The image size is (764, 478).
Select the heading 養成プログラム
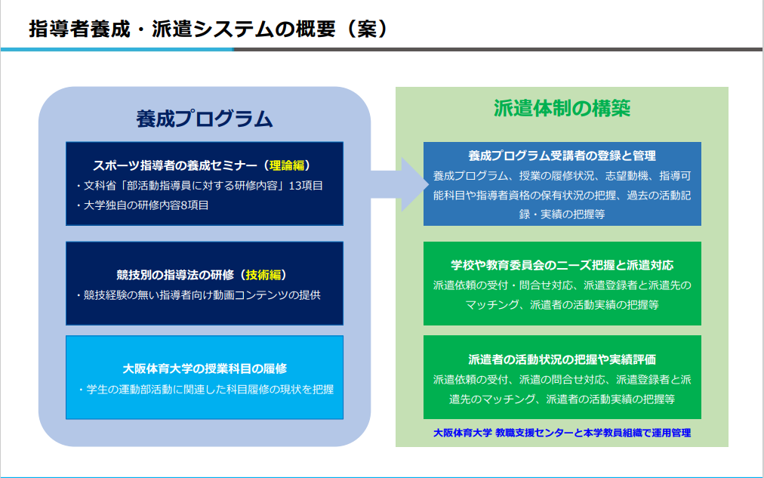204,119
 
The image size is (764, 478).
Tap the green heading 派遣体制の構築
562,108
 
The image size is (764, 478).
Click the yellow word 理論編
287,165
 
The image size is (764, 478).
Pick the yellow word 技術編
263,275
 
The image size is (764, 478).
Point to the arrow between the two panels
399,184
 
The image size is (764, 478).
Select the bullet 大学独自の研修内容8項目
142,205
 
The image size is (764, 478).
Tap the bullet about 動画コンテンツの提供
199,295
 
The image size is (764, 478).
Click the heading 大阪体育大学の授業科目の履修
205,369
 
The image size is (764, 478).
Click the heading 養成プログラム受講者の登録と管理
562,156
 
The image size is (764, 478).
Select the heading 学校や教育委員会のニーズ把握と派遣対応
562,265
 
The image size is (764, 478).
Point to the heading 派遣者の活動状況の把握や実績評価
562,359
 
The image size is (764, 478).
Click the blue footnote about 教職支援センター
562,433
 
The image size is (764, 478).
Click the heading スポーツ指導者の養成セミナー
175,165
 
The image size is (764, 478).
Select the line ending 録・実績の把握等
562,214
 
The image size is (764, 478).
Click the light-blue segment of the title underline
117,49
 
